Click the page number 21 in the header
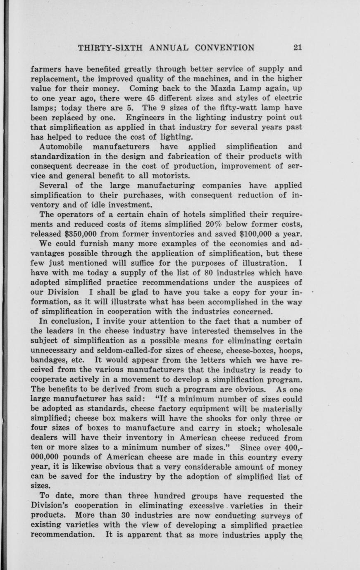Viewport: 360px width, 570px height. click(298, 47)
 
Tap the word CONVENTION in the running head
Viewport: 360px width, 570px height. click(224, 47)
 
